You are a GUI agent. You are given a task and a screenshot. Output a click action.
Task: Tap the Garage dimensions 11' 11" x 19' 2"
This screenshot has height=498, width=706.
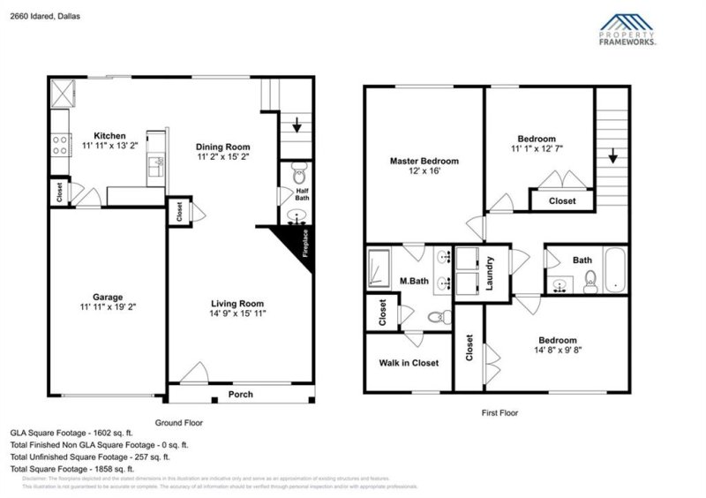(x=108, y=308)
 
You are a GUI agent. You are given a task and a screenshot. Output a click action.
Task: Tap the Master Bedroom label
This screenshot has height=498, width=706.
(x=424, y=162)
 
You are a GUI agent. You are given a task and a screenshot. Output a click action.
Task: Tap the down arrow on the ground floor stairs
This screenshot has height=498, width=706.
(x=297, y=126)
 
